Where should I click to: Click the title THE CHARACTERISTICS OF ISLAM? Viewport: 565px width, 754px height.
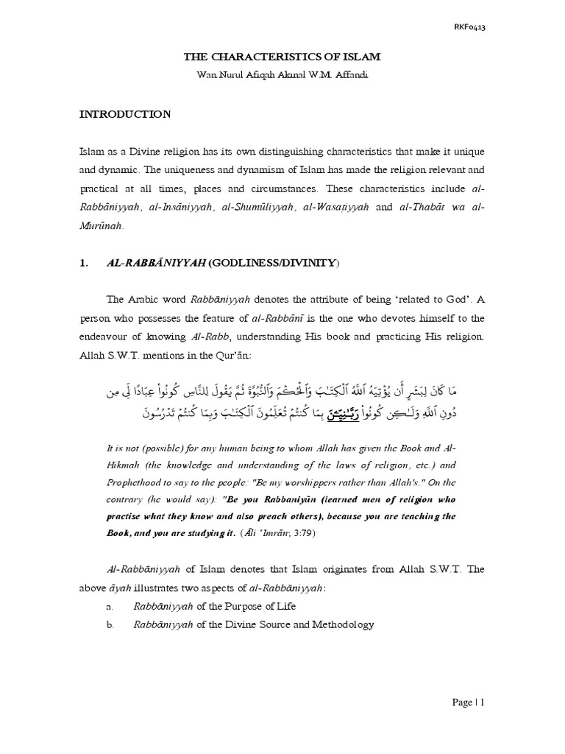point(282,56)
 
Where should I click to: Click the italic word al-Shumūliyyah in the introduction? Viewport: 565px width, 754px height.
point(258,208)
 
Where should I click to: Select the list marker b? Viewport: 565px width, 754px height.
point(110,624)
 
